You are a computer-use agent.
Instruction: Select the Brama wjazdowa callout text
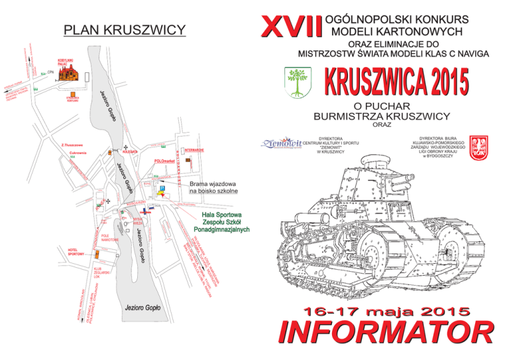(x=213, y=188)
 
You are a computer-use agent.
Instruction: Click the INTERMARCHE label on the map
(x=198, y=150)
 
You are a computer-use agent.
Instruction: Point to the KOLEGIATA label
(x=131, y=152)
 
